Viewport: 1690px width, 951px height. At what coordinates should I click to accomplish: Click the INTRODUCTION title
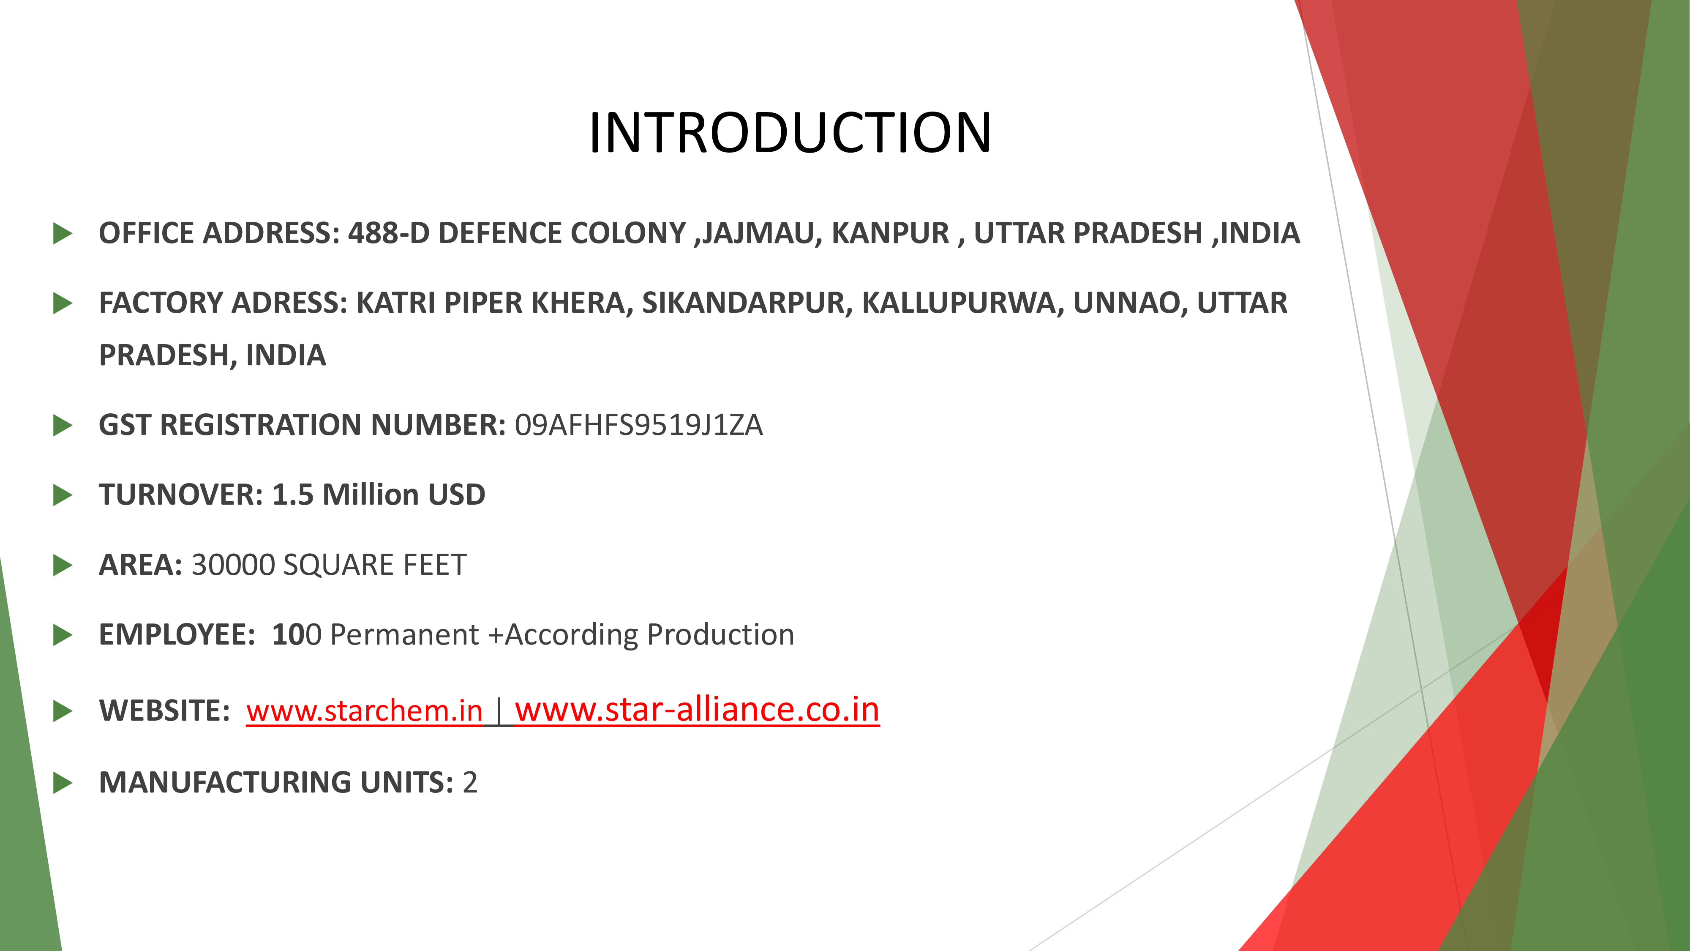(790, 133)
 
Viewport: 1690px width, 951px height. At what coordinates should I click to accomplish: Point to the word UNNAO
(1130, 303)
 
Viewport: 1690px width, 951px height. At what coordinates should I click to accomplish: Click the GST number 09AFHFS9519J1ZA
(638, 425)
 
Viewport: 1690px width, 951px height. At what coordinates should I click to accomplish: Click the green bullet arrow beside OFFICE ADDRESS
(63, 233)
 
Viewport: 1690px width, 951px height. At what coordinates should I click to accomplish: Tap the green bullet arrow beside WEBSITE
(63, 711)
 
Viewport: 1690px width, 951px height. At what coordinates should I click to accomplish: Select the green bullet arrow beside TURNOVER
(63, 495)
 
